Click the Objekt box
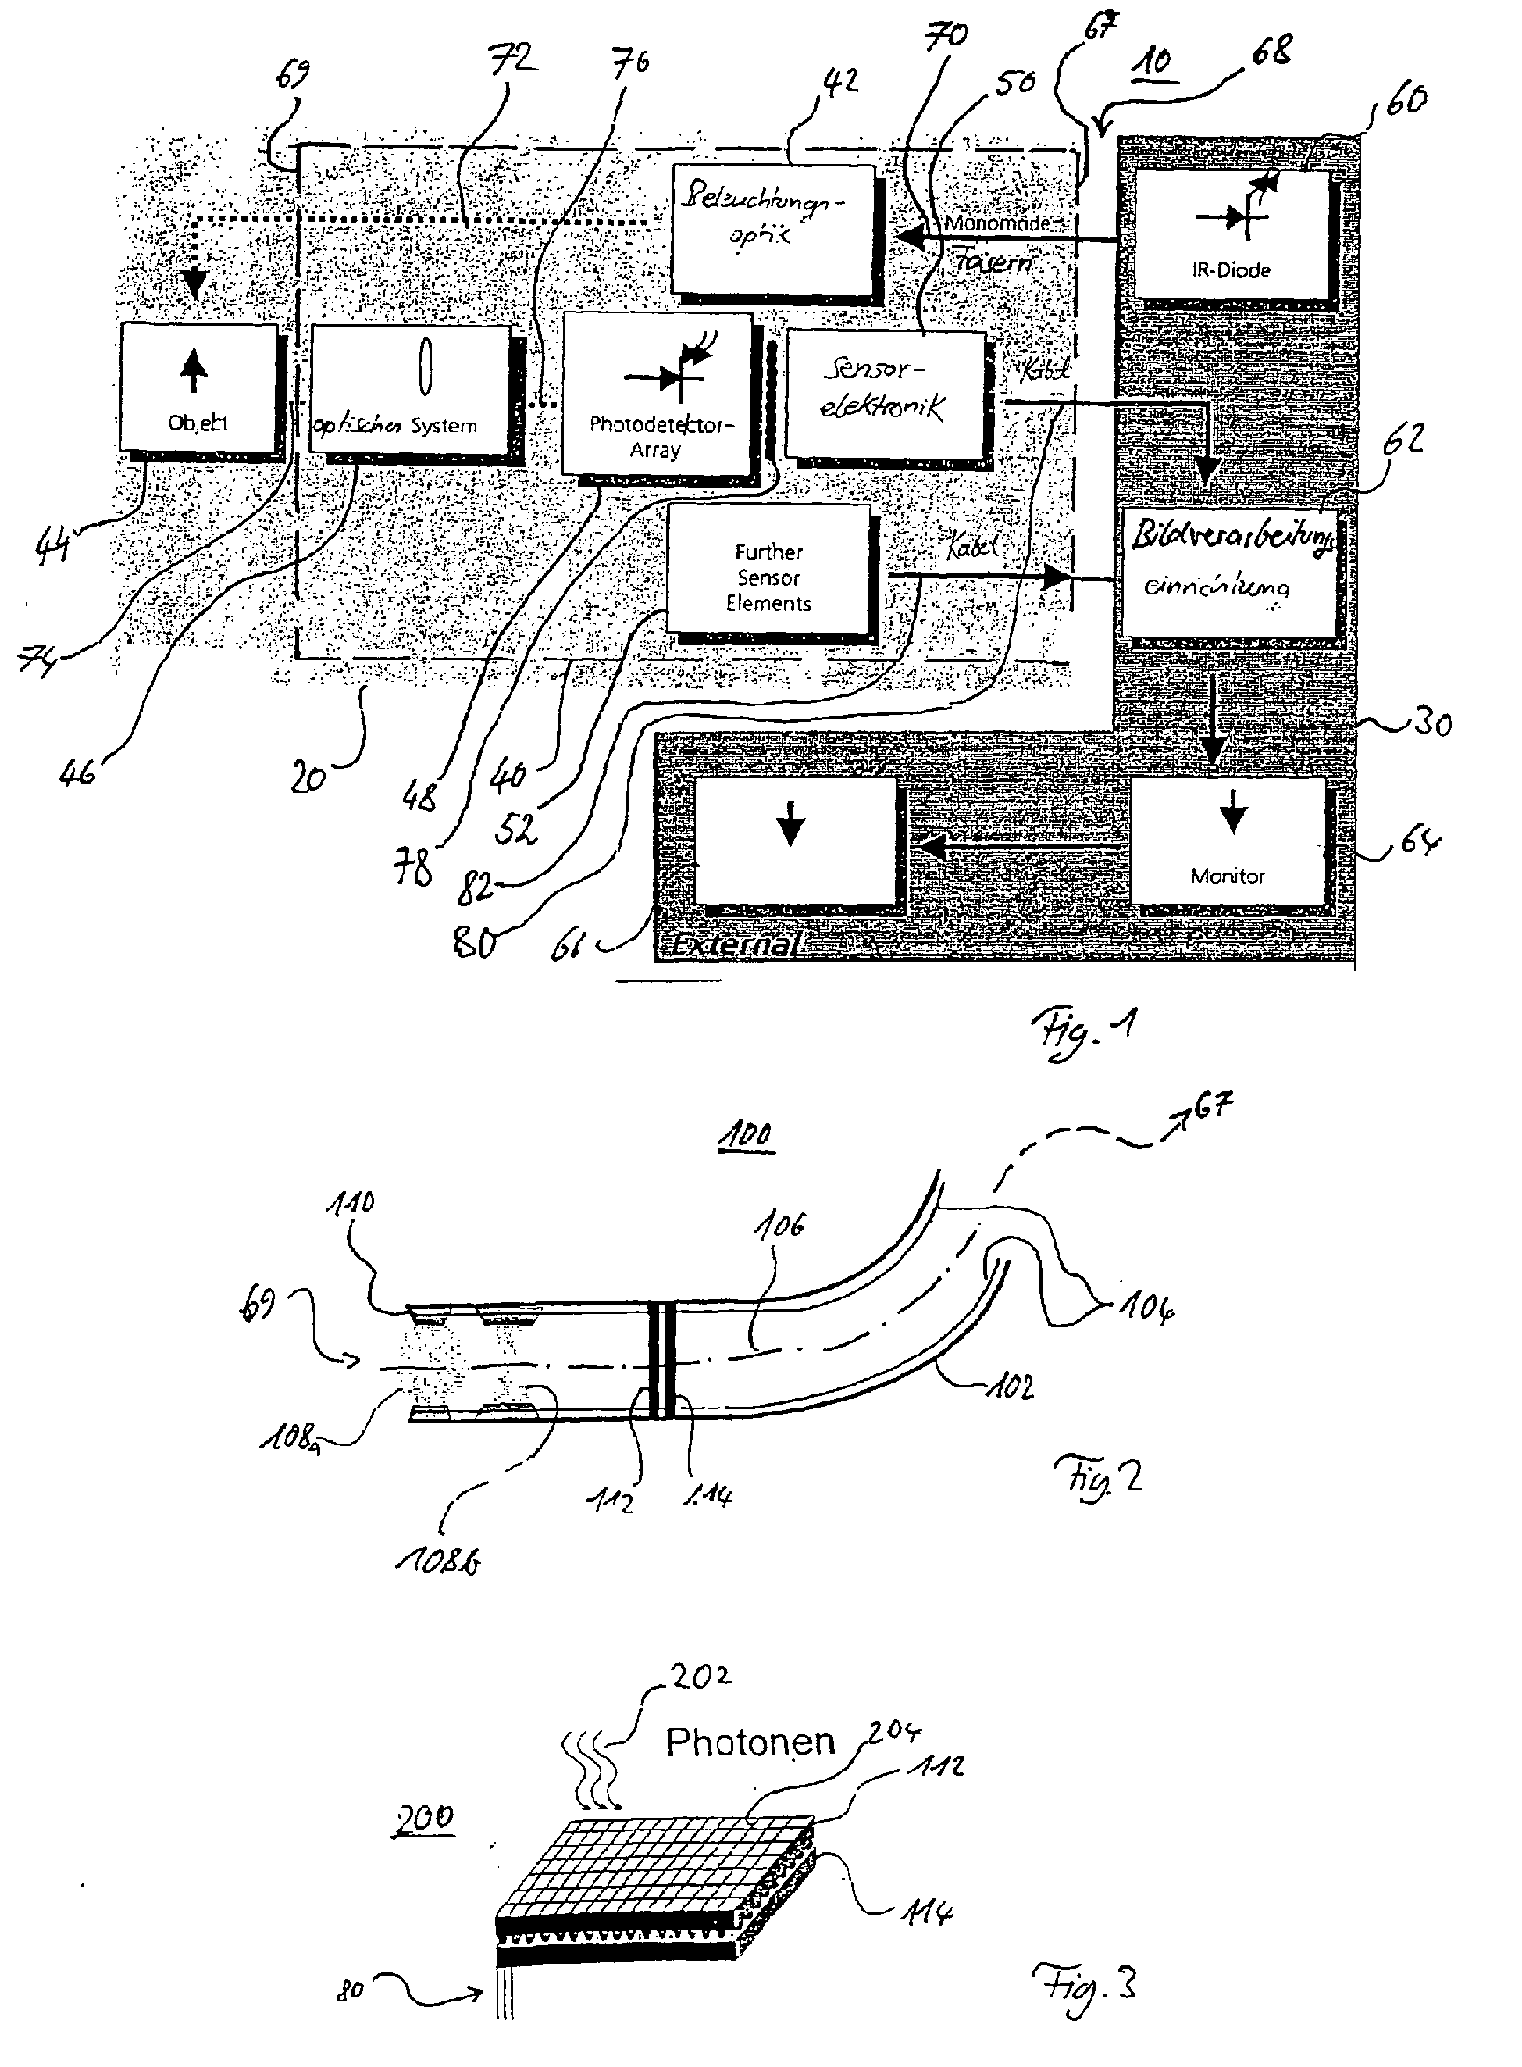198,388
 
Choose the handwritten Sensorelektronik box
886,394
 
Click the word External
733,944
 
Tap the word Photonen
750,1742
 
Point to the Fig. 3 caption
1085,1987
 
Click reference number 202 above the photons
701,1676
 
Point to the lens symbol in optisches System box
424,366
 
